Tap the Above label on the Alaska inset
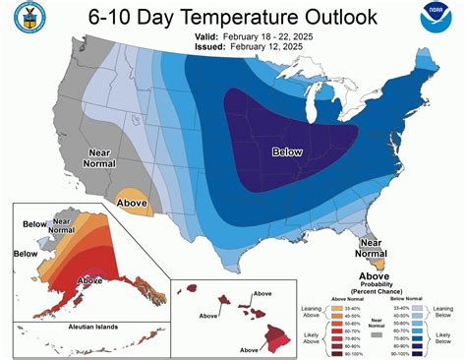coord(89,280)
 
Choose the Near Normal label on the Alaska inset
coord(62,228)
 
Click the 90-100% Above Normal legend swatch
coord(351,348)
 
